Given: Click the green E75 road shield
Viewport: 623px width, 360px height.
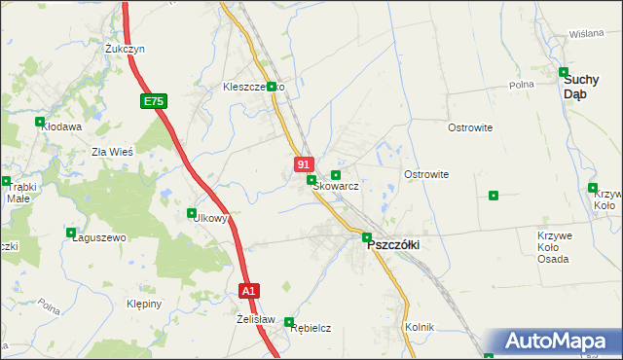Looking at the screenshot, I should click(153, 100).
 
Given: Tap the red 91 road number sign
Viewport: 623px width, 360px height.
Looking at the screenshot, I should click(304, 165).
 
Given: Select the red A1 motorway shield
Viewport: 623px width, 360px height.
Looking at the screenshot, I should click(249, 290).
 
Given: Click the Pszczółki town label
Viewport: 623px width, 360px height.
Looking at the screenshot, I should click(392, 245).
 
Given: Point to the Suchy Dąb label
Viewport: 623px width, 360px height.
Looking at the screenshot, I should click(588, 88).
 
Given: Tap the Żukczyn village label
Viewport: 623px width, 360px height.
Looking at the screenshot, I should click(126, 48).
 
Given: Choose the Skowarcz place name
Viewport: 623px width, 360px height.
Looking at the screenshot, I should click(336, 186).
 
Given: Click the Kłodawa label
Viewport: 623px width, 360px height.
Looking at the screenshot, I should click(60, 126).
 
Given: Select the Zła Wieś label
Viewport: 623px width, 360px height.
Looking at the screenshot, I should click(112, 151).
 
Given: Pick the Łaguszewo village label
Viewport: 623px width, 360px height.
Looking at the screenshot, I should click(99, 237).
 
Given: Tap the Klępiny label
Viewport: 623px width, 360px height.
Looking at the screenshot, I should click(144, 304).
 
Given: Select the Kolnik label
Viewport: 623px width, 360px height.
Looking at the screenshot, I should click(419, 327).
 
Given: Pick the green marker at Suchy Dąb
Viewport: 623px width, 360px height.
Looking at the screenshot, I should click(564, 71).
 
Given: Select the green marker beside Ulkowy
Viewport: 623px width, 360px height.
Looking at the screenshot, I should click(192, 212).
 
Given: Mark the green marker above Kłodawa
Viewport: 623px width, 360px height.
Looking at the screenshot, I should click(40, 122).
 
